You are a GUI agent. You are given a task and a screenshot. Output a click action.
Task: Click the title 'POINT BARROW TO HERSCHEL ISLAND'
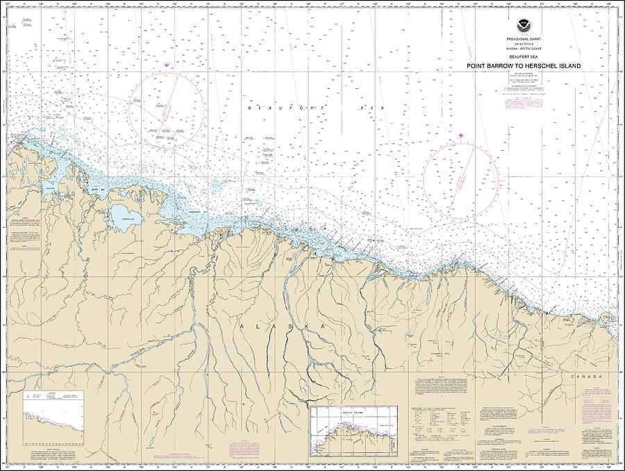tap(523, 67)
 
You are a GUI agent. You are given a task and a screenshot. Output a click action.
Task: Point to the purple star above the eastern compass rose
tap(460, 135)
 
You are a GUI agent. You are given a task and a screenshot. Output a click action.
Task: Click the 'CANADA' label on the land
tap(586, 376)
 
